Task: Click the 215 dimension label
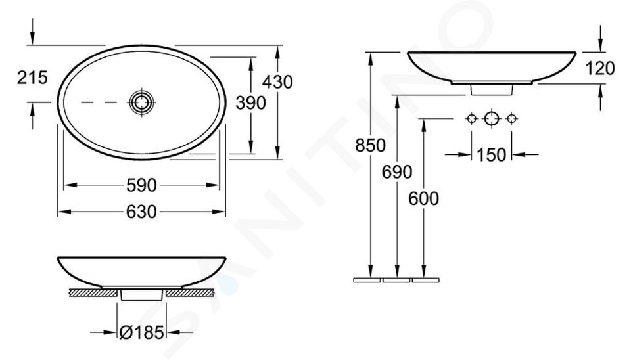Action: [x=32, y=78]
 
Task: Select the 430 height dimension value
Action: [x=277, y=82]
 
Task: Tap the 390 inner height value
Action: [x=250, y=103]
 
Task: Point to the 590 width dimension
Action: [x=141, y=185]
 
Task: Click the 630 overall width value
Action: [x=141, y=212]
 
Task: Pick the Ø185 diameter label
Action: [x=142, y=332]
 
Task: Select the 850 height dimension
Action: [x=370, y=145]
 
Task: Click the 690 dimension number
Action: [x=397, y=172]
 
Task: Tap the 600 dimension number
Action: [x=424, y=198]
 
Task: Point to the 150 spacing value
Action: [x=492, y=154]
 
